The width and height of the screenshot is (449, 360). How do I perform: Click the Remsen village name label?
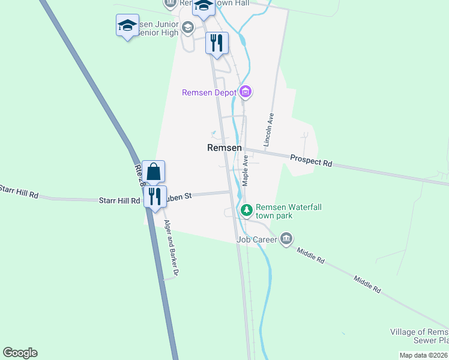coord(224,148)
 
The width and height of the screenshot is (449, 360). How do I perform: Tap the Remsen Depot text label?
coord(209,92)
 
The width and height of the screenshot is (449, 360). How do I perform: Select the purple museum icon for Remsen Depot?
coord(245,92)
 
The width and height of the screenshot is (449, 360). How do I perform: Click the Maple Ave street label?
coord(246,170)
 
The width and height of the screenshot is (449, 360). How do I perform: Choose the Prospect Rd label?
coord(311,160)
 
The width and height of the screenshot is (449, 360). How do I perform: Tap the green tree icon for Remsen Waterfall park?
coord(246,210)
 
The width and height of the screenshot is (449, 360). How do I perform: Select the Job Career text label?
coord(257,240)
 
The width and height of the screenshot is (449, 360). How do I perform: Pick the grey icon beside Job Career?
coord(286,239)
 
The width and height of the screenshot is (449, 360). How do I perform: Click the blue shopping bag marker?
coord(154,172)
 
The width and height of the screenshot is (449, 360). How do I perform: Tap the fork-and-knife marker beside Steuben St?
coord(155,197)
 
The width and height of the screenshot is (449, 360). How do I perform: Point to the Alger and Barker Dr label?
coord(172,248)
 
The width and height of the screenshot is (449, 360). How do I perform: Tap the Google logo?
coord(20,353)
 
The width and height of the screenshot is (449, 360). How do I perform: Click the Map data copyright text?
coord(424,355)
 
